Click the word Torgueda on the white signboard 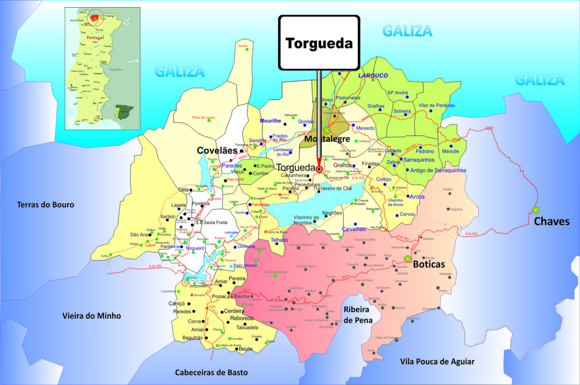[x=319, y=43]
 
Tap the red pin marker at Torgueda [x=319, y=169]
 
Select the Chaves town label [x=551, y=221]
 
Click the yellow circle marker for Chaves [x=536, y=210]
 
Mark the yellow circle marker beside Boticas [x=407, y=259]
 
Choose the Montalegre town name [x=327, y=139]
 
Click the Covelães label [x=217, y=150]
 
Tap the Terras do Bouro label [x=45, y=205]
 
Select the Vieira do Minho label [x=92, y=316]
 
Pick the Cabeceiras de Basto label [x=212, y=372]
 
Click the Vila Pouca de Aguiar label [x=437, y=361]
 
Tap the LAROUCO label [x=373, y=76]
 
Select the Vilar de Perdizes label [x=436, y=105]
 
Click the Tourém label [x=242, y=46]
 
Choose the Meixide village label [x=450, y=151]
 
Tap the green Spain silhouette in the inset [x=123, y=110]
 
